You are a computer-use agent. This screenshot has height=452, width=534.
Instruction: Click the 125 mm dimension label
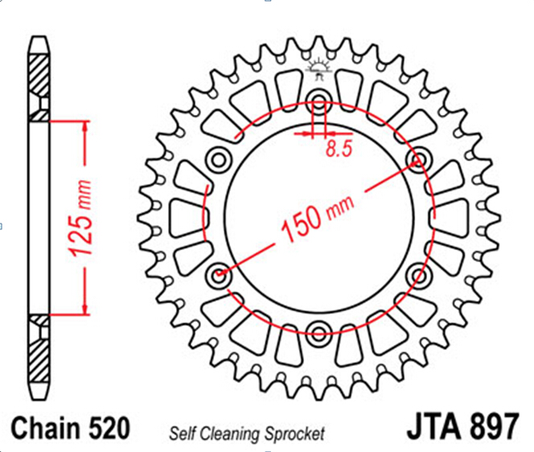(x=80, y=218)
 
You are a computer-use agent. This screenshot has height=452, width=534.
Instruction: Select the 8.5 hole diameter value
(x=339, y=148)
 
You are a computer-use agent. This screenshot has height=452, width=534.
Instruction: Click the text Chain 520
(x=71, y=428)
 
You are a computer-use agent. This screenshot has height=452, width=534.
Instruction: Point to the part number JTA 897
(x=463, y=426)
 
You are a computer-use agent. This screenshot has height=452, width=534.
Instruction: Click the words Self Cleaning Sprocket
(x=247, y=434)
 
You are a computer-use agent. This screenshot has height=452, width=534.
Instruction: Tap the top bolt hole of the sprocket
(x=318, y=101)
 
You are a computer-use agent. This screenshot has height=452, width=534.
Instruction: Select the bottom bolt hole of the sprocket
(x=318, y=332)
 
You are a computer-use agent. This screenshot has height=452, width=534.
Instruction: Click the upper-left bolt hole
(x=219, y=159)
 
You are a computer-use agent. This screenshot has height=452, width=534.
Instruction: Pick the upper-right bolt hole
(x=419, y=159)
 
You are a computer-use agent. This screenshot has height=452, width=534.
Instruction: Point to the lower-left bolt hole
(x=219, y=274)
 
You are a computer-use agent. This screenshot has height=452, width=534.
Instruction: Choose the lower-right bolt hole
(x=419, y=274)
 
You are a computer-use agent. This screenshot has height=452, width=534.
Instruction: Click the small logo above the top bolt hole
(x=318, y=70)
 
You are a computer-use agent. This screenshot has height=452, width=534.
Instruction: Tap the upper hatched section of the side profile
(x=39, y=88)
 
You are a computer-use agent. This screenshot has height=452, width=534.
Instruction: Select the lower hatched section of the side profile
(x=39, y=348)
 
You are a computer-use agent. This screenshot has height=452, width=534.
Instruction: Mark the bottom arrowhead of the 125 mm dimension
(x=85, y=309)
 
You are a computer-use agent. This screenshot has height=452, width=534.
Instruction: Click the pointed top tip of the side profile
(x=39, y=37)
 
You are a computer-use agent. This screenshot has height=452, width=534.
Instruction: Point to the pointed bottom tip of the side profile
(x=39, y=399)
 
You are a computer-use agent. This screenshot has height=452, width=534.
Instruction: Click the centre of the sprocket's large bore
(x=319, y=217)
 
